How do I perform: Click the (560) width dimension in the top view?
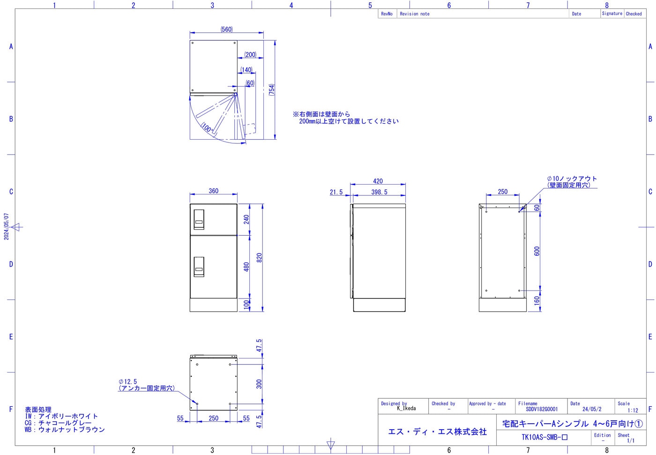(226, 29)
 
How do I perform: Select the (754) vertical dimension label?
(272, 90)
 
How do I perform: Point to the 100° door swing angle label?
(207, 128)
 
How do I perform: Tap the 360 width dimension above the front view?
(214, 191)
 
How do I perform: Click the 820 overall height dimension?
(259, 258)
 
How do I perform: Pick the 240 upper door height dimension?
(246, 219)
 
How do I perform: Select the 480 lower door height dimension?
(246, 267)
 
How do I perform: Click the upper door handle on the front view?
(199, 219)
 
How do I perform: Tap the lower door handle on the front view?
(199, 267)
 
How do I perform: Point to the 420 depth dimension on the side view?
(378, 181)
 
